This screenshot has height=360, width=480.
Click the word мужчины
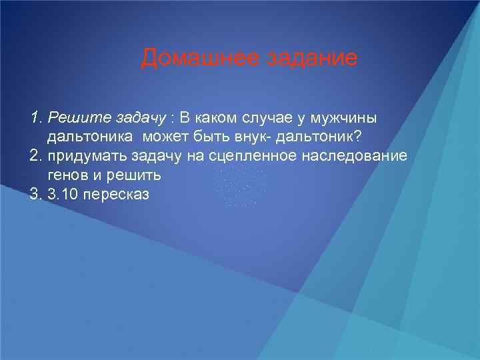[x=344, y=118]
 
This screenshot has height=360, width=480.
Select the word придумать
[x=85, y=156]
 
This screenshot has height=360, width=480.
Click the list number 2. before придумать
[x=36, y=156]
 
